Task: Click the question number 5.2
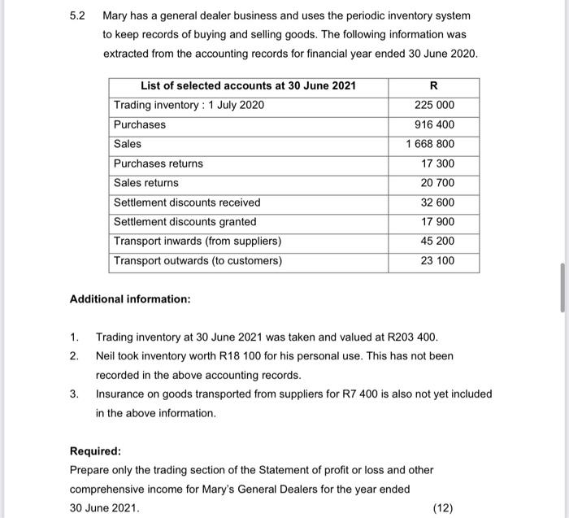click(77, 15)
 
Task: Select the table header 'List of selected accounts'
click(248, 86)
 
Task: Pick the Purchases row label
click(140, 125)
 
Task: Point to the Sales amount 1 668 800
click(431, 145)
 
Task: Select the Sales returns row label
click(146, 184)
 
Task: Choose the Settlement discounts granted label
click(185, 222)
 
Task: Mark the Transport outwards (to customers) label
click(198, 261)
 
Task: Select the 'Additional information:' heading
click(130, 299)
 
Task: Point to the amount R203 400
click(415, 337)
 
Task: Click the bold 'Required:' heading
click(95, 451)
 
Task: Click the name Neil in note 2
click(108, 356)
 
